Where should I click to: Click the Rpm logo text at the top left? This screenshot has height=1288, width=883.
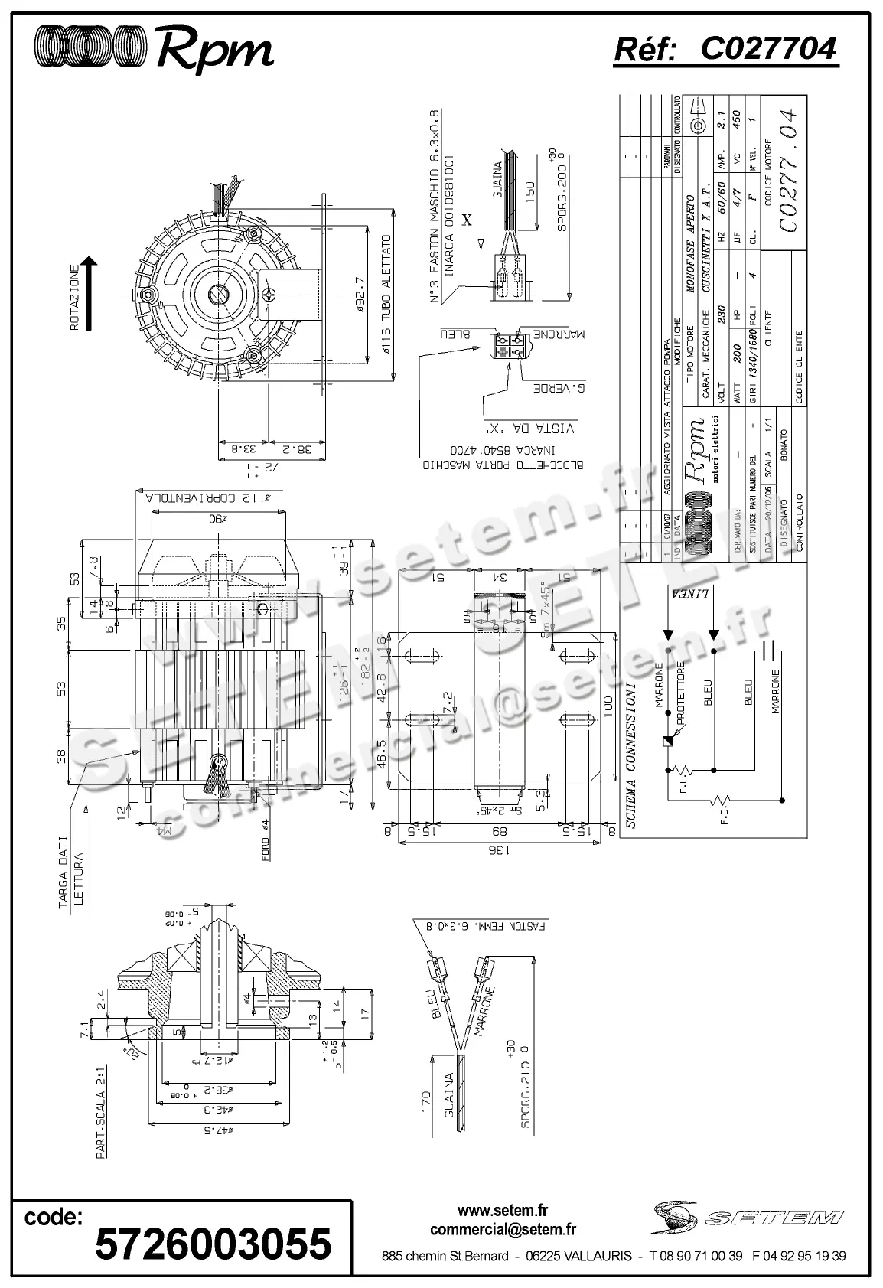(x=213, y=51)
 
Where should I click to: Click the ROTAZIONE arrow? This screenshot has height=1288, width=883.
(x=90, y=294)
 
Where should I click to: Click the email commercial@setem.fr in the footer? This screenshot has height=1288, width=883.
(x=503, y=1230)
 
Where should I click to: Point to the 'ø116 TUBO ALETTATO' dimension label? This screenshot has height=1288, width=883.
(x=386, y=295)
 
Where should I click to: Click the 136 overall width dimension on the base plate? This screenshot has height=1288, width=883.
(x=501, y=850)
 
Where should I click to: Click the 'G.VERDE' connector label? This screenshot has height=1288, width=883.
(x=560, y=389)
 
